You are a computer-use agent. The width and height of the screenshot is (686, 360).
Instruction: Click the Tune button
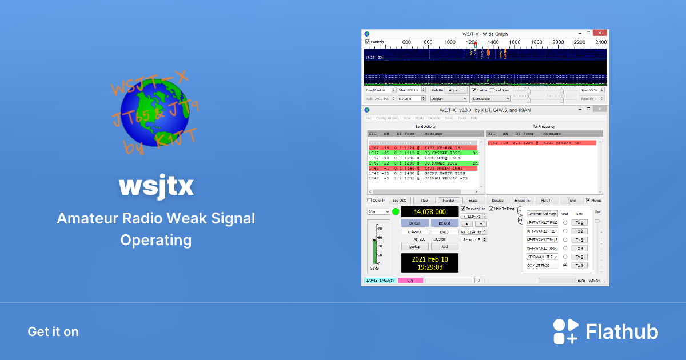(x=571, y=201)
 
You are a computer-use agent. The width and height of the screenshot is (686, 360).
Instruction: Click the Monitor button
(x=449, y=201)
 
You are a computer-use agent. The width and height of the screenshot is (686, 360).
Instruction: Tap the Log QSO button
(x=399, y=201)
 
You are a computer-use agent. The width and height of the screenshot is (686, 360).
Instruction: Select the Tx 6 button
(x=580, y=265)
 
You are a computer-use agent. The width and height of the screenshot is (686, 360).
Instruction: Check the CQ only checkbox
(x=369, y=201)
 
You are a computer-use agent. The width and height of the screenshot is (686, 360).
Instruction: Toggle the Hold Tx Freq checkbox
(x=491, y=209)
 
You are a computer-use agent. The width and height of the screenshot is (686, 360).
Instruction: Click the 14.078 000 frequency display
(x=430, y=211)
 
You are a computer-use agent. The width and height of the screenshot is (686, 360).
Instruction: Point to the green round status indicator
(x=396, y=212)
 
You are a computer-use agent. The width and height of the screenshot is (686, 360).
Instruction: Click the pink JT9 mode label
(x=410, y=281)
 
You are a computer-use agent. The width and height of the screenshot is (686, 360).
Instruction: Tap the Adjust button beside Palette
(x=456, y=90)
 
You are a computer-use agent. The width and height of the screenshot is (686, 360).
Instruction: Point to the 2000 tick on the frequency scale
(x=557, y=43)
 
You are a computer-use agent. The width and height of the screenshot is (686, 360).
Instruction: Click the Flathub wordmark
(x=622, y=332)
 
